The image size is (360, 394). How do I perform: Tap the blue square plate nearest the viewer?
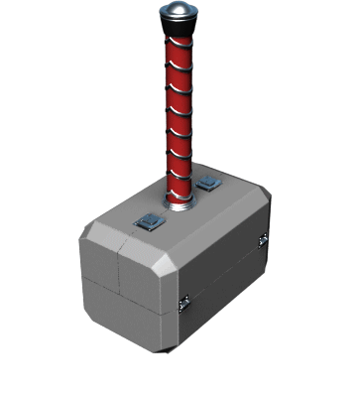[x=149, y=221]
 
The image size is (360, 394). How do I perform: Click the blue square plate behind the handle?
[x=208, y=184]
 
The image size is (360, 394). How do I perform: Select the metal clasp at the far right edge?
[x=263, y=240]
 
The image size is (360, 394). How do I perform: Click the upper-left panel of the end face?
[x=99, y=253]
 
